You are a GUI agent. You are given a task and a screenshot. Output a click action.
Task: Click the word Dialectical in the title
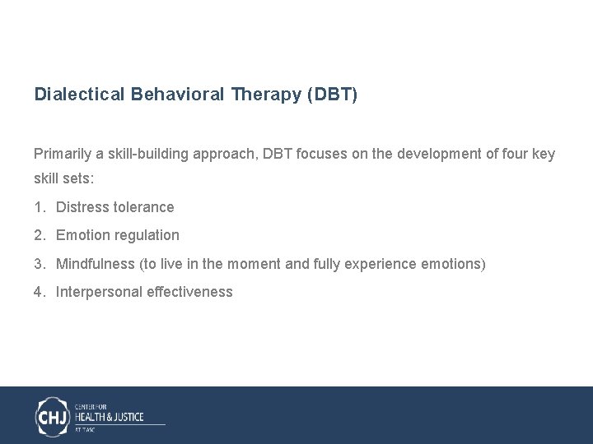pyautogui.click(x=79, y=95)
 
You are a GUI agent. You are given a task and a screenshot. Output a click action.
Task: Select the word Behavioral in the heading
pyautogui.click(x=176, y=95)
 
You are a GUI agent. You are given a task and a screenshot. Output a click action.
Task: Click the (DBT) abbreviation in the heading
pyautogui.click(x=332, y=95)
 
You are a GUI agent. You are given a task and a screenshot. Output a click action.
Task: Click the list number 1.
pyautogui.click(x=39, y=207)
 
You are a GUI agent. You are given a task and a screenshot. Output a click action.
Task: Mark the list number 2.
pyautogui.click(x=39, y=235)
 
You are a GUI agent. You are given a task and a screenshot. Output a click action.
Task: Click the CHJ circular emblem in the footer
pyautogui.click(x=53, y=415)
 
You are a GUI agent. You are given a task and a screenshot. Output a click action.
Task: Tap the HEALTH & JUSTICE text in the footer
pyautogui.click(x=110, y=416)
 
